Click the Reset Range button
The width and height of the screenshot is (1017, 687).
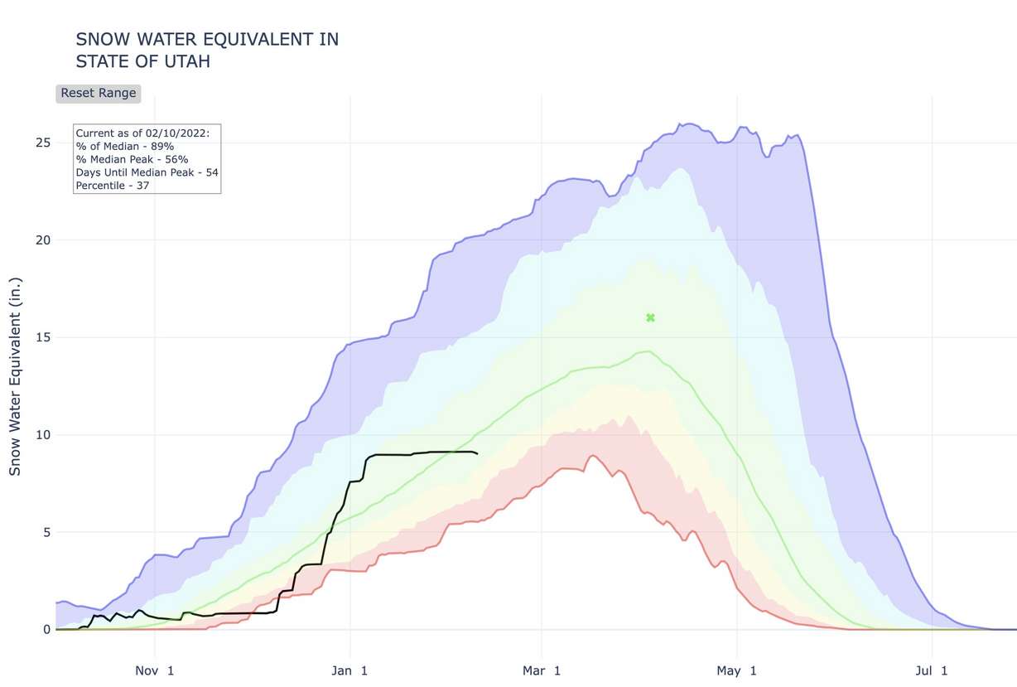pyautogui.click(x=98, y=93)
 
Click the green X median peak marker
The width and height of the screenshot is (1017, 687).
pyautogui.click(x=650, y=317)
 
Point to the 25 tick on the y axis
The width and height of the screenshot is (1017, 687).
pyautogui.click(x=42, y=143)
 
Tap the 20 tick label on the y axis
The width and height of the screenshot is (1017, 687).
pyautogui.click(x=42, y=240)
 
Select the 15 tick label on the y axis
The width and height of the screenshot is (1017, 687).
pyautogui.click(x=42, y=337)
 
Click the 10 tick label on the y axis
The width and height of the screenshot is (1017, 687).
pyautogui.click(x=42, y=435)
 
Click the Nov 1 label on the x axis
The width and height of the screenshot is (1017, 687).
pyautogui.click(x=155, y=670)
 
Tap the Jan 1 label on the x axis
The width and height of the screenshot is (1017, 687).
pyautogui.click(x=350, y=670)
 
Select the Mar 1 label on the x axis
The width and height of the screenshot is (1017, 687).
pyautogui.click(x=542, y=670)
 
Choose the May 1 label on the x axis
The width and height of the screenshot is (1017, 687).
pyautogui.click(x=737, y=670)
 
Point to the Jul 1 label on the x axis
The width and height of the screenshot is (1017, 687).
pyautogui.click(x=933, y=670)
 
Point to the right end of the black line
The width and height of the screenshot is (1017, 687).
pyautogui.click(x=477, y=453)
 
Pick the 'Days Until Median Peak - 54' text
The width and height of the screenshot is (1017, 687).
pyautogui.click(x=147, y=172)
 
